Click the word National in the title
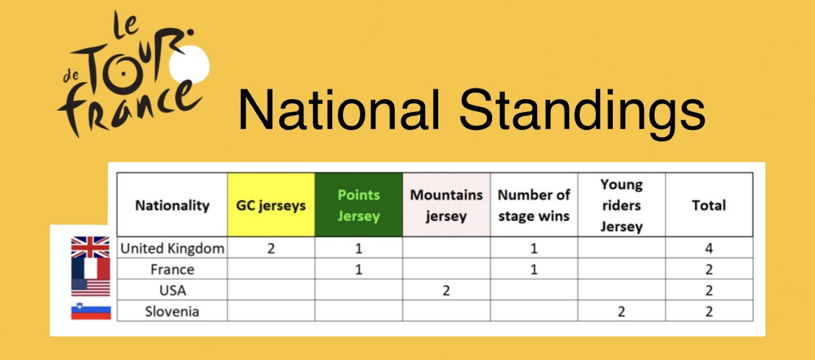(x=339, y=109)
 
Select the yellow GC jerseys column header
(x=271, y=205)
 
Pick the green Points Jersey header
(x=359, y=205)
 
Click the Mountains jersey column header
(x=446, y=205)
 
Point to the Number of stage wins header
(x=534, y=205)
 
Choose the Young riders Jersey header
(x=621, y=205)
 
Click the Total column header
(x=709, y=205)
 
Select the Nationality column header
(x=172, y=205)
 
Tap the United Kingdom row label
(x=172, y=248)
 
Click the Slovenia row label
(x=172, y=312)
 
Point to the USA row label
(x=173, y=291)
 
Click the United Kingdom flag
(x=90, y=247)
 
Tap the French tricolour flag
(x=91, y=268)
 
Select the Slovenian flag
(x=91, y=311)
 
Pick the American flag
(x=91, y=288)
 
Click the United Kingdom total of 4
(x=709, y=248)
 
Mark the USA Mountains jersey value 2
(x=446, y=291)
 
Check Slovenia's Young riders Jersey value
(x=621, y=312)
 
